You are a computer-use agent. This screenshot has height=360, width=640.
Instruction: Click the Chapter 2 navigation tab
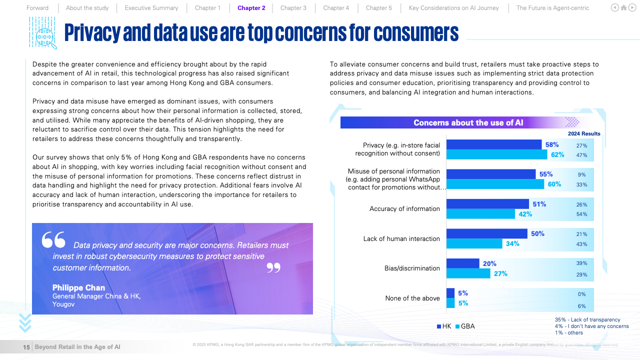[251, 8]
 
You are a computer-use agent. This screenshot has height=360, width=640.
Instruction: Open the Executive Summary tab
[151, 8]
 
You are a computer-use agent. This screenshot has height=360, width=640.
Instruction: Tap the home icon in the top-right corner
[623, 7]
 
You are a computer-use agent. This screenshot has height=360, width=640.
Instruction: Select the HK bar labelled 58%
[493, 144]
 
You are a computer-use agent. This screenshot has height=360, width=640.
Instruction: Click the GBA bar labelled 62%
[496, 154]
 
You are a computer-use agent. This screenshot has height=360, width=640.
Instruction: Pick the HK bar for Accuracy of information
[487, 204]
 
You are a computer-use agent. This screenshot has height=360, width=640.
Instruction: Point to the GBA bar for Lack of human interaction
[474, 243]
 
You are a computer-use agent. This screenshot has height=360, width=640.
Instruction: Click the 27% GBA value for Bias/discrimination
[500, 273]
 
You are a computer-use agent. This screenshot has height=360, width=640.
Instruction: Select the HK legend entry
[444, 326]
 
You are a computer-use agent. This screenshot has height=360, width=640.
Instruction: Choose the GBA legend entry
[465, 326]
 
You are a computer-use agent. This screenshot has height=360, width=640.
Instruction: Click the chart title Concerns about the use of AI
[468, 123]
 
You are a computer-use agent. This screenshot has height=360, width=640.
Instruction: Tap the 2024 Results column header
[584, 134]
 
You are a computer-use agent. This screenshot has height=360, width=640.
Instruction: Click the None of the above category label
[412, 298]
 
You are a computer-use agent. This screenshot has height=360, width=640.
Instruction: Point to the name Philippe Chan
[78, 287]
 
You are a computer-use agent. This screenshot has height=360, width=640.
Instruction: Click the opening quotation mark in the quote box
[53, 240]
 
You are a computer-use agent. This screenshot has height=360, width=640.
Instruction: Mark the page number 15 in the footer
[26, 347]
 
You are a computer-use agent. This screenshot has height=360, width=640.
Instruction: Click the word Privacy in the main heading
[92, 33]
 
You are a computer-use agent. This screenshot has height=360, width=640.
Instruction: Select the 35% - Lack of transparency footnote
[587, 320]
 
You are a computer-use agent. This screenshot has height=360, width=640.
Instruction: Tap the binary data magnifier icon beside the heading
[43, 32]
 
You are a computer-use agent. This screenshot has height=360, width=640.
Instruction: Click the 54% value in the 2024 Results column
[581, 214]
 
